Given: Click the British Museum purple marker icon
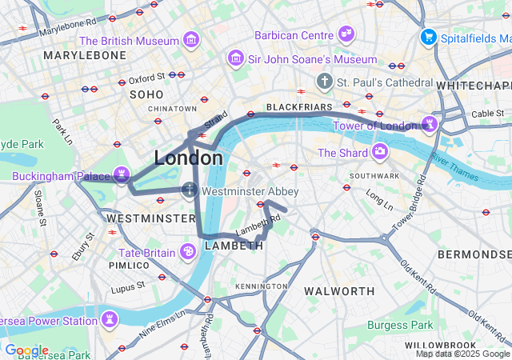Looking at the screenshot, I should (191, 39).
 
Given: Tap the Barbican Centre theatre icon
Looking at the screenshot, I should (346, 34).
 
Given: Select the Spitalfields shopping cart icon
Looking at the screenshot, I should (429, 37).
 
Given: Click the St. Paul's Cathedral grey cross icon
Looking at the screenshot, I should (324, 82).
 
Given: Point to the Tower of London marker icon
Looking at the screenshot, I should (430, 123).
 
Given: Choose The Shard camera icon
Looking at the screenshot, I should (379, 152).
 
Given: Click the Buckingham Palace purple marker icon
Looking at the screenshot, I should (121, 174).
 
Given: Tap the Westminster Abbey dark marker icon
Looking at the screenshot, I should (190, 190).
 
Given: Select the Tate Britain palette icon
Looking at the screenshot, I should (188, 252).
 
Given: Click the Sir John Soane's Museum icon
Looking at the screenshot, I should (236, 58).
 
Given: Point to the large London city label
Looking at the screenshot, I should (188, 158).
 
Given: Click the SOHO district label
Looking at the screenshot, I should (146, 94).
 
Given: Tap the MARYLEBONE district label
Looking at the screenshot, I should (85, 55).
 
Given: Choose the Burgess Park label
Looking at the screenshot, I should (400, 326).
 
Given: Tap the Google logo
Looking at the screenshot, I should (26, 350).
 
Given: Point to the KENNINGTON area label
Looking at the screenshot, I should (261, 286).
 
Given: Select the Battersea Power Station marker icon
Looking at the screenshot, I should (109, 320).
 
